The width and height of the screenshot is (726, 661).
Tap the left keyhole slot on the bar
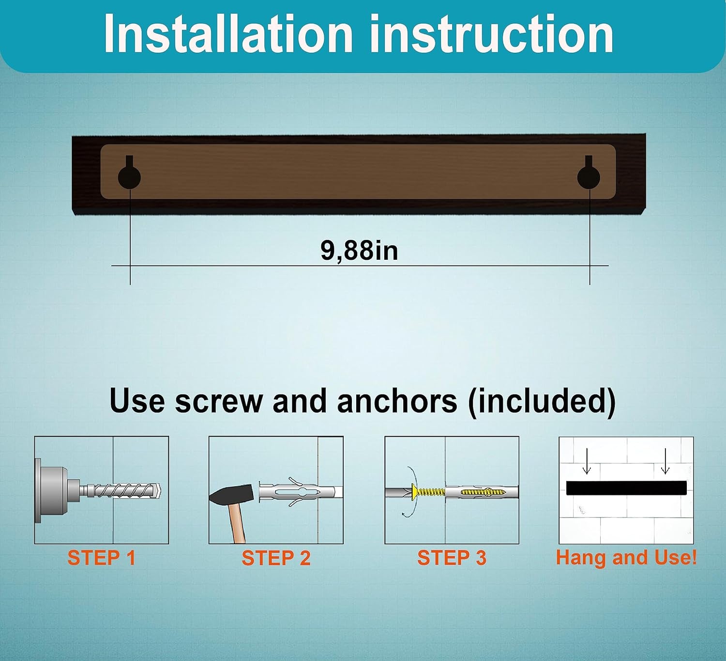click(x=129, y=173)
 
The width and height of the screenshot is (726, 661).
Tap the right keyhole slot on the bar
click(x=589, y=173)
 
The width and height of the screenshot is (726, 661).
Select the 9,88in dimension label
click(x=359, y=251)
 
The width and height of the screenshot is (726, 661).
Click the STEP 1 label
click(x=101, y=558)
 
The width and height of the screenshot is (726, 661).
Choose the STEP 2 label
click(x=276, y=558)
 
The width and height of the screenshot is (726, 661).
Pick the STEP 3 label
click(x=452, y=558)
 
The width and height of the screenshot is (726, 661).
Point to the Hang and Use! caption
click(x=626, y=557)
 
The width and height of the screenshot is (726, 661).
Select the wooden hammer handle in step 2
click(x=237, y=523)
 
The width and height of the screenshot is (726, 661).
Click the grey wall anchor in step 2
click(x=301, y=492)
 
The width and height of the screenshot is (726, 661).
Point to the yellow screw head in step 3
click(x=414, y=492)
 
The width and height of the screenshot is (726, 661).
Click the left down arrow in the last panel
click(x=587, y=461)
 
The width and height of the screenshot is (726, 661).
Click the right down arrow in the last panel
click(x=665, y=461)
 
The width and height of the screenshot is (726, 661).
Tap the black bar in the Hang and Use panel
click(x=626, y=488)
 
